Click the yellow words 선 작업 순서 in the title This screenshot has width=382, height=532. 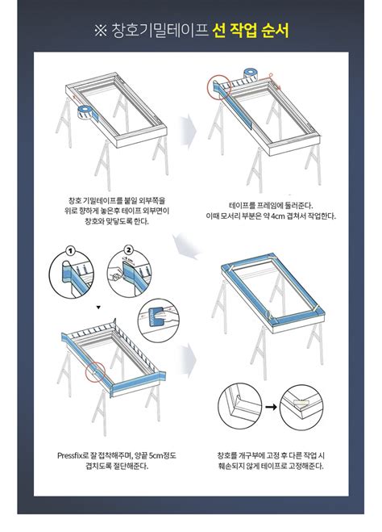coord(251,31)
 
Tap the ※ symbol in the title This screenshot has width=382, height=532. coord(100,31)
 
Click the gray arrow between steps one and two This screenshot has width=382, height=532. coord(188,129)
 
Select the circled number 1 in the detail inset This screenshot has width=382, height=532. coord(70,251)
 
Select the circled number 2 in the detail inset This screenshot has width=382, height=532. coord(127,251)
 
